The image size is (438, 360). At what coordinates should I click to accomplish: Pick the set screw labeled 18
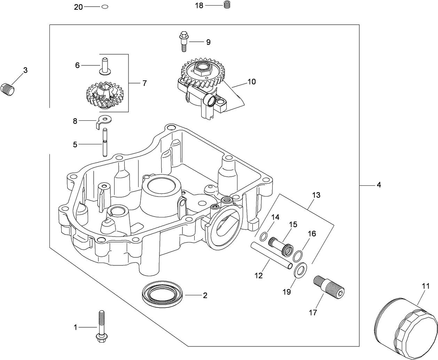coord(227,5)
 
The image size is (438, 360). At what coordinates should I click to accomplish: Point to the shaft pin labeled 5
coord(105,143)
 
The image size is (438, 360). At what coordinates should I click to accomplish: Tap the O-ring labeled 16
coord(297,256)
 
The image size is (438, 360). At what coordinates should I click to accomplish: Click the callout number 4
coord(378,185)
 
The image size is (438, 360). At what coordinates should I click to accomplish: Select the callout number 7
coord(144,83)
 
